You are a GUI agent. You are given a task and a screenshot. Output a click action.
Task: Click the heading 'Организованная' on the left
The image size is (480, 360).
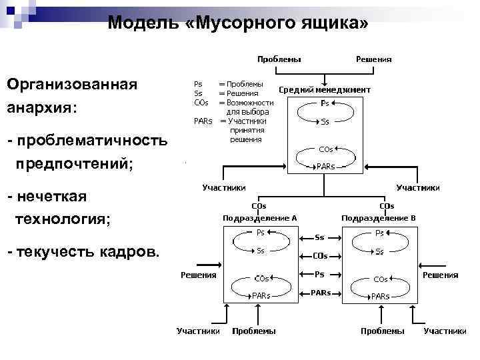(x=71, y=85)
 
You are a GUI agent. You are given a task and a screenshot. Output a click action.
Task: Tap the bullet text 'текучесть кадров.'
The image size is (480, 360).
(x=89, y=252)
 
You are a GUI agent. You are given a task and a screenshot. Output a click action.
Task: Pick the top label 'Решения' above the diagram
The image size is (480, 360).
(x=373, y=59)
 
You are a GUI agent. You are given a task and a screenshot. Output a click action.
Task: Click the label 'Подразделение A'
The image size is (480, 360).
(x=259, y=217)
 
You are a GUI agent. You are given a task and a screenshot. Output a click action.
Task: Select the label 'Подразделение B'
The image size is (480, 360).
(x=378, y=217)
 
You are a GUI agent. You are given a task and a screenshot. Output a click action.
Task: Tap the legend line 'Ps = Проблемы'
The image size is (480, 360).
(x=228, y=84)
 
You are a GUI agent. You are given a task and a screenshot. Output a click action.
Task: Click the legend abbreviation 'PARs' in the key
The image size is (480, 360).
(x=203, y=121)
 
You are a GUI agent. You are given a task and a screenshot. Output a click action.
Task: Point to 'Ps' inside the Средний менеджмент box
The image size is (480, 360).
(x=325, y=103)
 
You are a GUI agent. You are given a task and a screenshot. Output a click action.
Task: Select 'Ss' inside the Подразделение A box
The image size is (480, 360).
(x=261, y=251)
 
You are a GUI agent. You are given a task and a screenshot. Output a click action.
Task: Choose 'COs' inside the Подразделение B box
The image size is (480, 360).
(x=380, y=279)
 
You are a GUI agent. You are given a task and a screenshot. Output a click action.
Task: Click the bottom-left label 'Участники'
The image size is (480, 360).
(x=197, y=331)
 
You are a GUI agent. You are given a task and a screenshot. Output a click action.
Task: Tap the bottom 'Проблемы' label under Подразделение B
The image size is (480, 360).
(x=382, y=331)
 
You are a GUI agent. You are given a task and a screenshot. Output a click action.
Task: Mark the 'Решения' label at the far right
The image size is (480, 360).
(x=440, y=275)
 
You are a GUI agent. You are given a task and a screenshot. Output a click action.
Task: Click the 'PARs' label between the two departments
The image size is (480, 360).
(x=320, y=292)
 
